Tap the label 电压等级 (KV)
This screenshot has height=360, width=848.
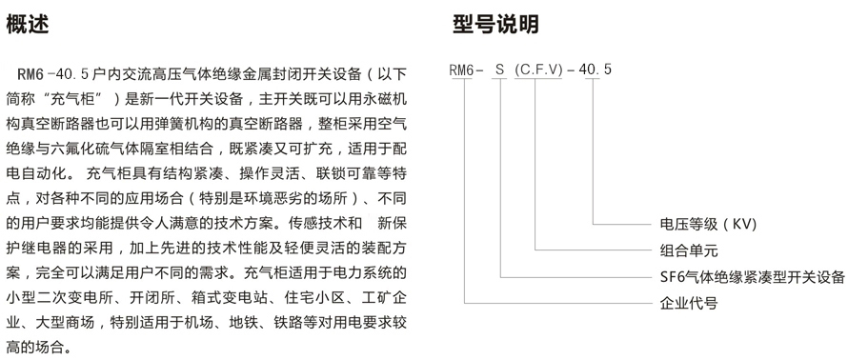click(708, 225)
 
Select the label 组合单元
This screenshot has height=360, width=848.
click(689, 250)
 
